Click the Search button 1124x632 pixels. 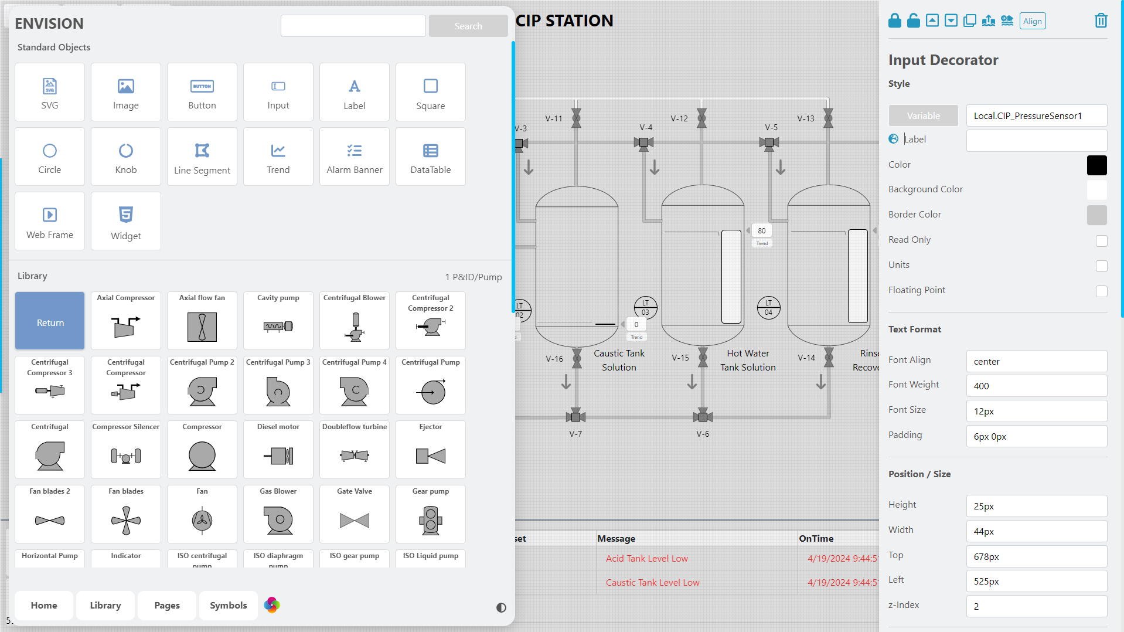(x=468, y=26)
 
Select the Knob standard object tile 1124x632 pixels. (x=125, y=157)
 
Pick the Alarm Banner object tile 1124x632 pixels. (x=354, y=157)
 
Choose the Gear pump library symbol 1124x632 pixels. (x=430, y=514)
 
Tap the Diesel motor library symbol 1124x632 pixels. (x=278, y=449)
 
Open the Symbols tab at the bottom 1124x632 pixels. (x=228, y=605)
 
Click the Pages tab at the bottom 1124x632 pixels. (x=167, y=605)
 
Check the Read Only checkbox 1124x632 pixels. (x=1101, y=240)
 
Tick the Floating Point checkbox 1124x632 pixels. (x=1101, y=291)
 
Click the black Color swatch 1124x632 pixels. (x=1096, y=165)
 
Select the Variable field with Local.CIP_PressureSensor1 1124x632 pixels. (x=1036, y=115)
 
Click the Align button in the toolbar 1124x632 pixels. (x=1032, y=21)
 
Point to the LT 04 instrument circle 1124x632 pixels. (x=768, y=307)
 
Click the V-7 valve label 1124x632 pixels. (x=575, y=434)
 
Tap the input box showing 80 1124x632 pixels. (x=761, y=230)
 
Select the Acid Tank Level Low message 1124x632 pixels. (x=646, y=558)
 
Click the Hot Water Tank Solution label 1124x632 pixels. (x=748, y=360)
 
